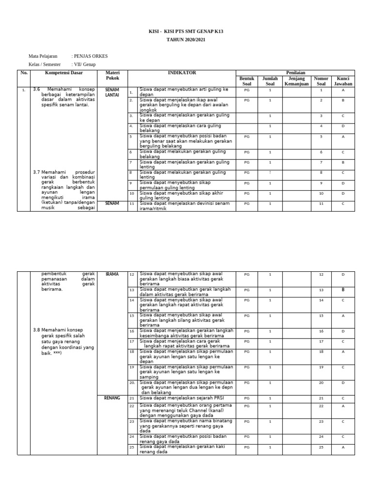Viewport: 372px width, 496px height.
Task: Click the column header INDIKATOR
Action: pyautogui.click(x=182, y=73)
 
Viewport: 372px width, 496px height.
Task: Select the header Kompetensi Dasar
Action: pyautogui.click(x=64, y=73)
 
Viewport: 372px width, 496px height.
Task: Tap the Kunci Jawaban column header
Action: pyautogui.click(x=343, y=81)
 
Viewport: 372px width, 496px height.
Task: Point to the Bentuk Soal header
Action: pyautogui.click(x=247, y=81)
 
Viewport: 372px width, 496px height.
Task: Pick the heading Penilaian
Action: pyautogui.click(x=295, y=73)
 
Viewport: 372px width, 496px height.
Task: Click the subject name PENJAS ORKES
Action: pyautogui.click(x=90, y=56)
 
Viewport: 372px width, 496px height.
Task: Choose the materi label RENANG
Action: pyautogui.click(x=112, y=398)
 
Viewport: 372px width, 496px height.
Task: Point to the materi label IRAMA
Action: pyautogui.click(x=112, y=274)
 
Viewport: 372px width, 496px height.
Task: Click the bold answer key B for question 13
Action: pyautogui.click(x=343, y=290)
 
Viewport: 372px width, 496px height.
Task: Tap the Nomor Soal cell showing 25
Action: pyautogui.click(x=321, y=447)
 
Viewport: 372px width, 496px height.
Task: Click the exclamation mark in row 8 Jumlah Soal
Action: pyautogui.click(x=270, y=172)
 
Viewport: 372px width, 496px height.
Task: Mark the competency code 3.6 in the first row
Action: pyautogui.click(x=36, y=89)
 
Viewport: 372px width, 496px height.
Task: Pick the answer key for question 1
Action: pyautogui.click(x=343, y=90)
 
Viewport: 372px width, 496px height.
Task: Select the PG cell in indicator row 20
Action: pyautogui.click(x=247, y=383)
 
